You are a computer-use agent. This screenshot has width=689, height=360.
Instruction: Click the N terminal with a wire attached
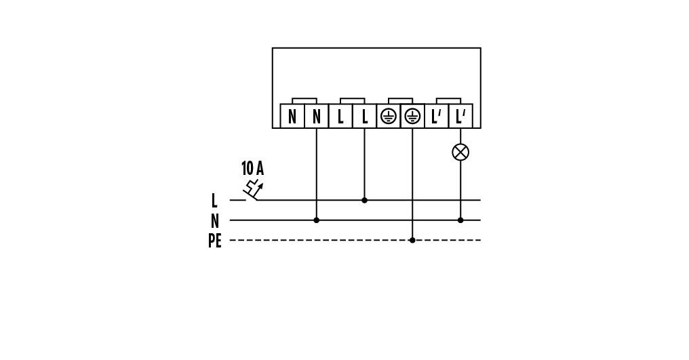click(316, 116)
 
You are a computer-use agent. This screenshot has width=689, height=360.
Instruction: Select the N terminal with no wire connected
click(292, 116)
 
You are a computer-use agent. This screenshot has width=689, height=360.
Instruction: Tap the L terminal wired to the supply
click(364, 116)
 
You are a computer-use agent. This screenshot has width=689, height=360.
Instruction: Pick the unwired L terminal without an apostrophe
click(340, 116)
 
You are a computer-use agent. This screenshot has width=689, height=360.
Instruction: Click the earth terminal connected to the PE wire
click(412, 116)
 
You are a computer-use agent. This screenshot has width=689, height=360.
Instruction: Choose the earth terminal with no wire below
click(388, 116)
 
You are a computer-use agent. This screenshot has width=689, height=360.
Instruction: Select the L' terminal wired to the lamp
click(460, 116)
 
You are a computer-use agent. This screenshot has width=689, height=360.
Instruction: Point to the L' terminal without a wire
click(436, 116)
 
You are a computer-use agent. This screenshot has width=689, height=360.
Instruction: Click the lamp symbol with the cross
click(460, 152)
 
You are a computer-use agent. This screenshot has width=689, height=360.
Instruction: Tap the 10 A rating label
click(252, 169)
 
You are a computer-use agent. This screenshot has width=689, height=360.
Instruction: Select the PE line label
click(214, 241)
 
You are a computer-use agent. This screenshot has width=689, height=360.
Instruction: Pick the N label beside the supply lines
click(214, 221)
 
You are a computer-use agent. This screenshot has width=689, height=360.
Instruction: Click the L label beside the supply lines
click(214, 201)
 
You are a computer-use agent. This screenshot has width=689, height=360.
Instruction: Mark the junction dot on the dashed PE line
click(412, 240)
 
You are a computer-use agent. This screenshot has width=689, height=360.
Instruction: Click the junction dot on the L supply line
click(364, 200)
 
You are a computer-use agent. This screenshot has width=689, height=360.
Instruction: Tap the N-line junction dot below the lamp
click(460, 220)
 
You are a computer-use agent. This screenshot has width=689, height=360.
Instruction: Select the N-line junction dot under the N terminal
click(316, 220)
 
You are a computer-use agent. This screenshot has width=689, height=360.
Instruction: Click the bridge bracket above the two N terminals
click(304, 100)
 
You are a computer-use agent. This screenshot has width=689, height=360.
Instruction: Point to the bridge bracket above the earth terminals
click(400, 100)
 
